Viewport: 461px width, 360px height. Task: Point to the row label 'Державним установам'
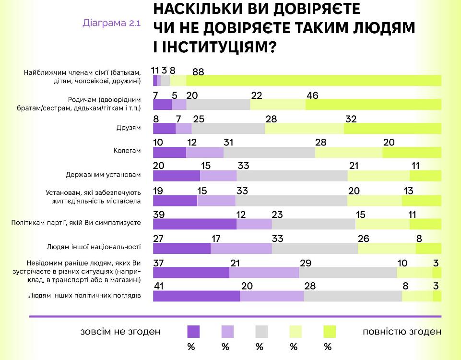(103, 175)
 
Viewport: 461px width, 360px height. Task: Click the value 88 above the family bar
(199, 71)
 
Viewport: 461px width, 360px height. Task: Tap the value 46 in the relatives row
(312, 95)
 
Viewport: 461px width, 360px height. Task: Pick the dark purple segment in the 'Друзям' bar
(164, 128)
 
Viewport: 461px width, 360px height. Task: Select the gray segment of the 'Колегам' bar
(269, 152)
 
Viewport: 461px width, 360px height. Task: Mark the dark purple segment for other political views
(196, 296)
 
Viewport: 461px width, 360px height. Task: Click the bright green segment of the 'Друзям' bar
(392, 128)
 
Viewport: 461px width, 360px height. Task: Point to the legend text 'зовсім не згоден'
(120, 331)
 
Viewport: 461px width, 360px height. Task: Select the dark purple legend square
(193, 331)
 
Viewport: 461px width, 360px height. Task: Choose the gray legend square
(261, 331)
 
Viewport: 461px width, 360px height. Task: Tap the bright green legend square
(330, 331)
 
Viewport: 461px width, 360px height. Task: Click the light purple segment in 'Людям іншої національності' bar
(241, 248)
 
